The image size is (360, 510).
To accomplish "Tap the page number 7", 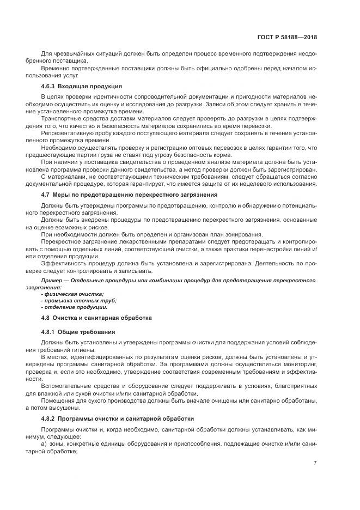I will pos(315,463).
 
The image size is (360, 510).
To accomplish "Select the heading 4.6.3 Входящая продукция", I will pos(82,87).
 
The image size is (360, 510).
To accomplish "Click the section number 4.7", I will pos(46,195).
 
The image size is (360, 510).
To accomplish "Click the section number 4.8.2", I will pos(50,418).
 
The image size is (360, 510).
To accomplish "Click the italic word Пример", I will pos(52,280).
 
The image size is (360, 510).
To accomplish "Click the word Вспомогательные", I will pos(65,385).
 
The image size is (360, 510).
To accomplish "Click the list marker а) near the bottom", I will pos(44,445).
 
